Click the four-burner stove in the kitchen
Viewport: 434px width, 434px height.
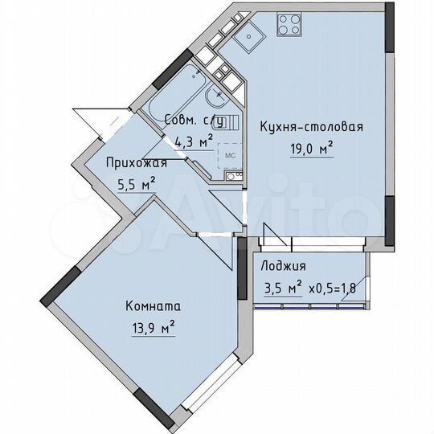[289, 25]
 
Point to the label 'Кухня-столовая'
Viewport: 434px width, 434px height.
[311, 127]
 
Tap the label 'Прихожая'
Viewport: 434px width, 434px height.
[137, 163]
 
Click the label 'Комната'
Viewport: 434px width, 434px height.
[152, 306]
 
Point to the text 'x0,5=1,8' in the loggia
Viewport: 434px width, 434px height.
[334, 286]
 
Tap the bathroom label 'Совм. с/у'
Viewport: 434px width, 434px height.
[194, 121]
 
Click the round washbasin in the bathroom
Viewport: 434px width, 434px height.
[215, 98]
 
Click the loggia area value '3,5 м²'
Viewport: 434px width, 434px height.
[284, 286]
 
